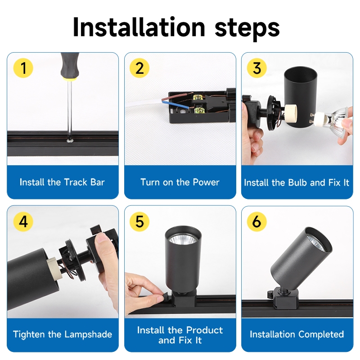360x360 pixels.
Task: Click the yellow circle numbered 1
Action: (x=23, y=68)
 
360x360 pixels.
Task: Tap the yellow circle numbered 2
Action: (x=139, y=68)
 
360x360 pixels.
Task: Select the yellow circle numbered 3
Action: (x=256, y=68)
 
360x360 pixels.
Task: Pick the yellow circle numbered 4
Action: (x=23, y=222)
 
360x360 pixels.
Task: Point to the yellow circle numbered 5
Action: (x=139, y=222)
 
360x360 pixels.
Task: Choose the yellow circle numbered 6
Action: (x=256, y=222)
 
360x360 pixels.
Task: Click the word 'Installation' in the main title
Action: (x=139, y=27)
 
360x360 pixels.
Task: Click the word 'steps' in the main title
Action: (x=247, y=29)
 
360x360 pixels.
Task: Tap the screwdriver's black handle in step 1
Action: (x=70, y=66)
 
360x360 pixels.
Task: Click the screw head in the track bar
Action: (x=69, y=140)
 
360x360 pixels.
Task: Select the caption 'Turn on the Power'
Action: (x=180, y=182)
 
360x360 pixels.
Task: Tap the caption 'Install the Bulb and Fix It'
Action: (x=297, y=183)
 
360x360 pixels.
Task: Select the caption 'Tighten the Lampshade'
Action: (x=63, y=334)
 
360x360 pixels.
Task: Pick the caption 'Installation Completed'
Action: (x=297, y=334)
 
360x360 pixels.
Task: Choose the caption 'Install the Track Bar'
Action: (x=62, y=182)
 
